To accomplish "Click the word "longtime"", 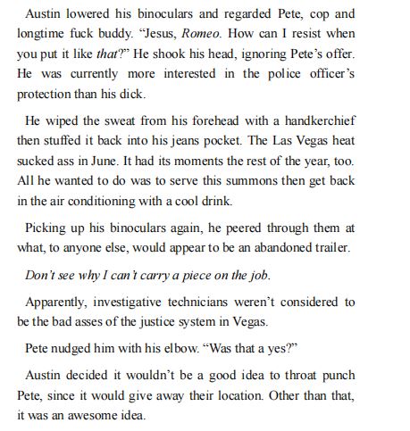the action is (43, 35).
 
